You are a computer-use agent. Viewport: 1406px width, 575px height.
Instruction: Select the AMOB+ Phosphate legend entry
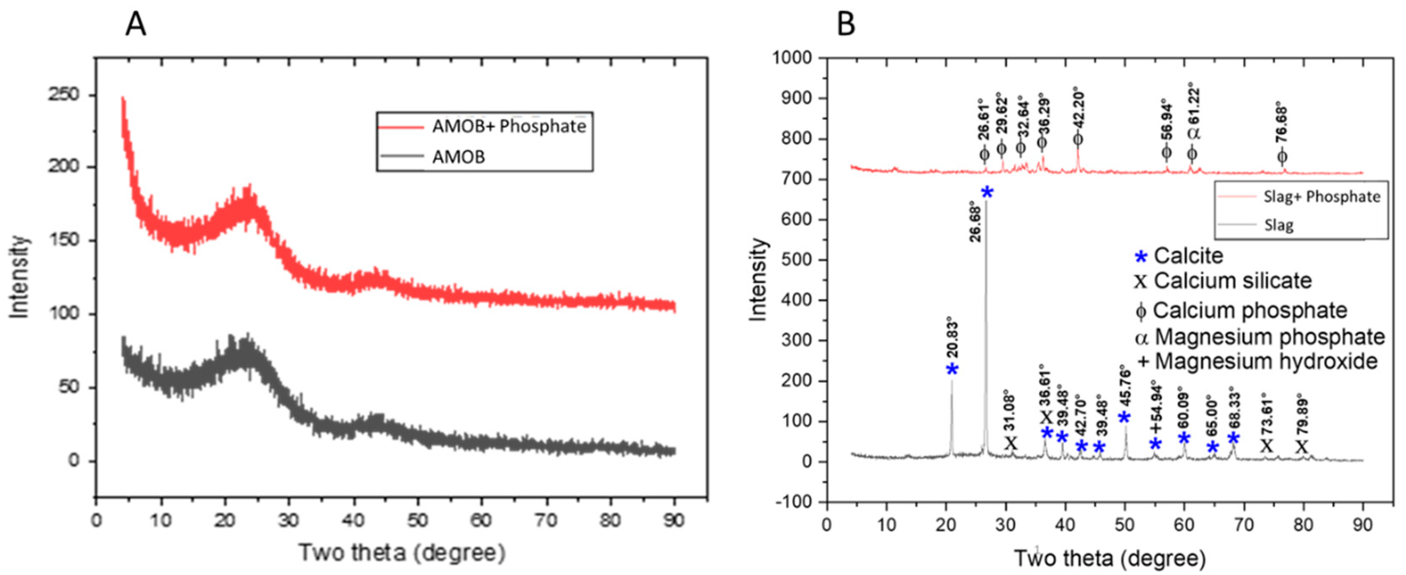(509, 127)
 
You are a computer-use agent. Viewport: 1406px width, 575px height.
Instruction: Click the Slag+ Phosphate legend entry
(1321, 197)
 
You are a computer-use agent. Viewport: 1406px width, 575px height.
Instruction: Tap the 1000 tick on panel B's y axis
(793, 58)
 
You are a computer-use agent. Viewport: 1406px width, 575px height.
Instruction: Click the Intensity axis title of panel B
(758, 280)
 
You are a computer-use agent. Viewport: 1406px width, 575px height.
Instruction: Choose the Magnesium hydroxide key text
(1266, 361)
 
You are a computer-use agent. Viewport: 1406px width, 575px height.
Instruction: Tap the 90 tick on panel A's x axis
(675, 520)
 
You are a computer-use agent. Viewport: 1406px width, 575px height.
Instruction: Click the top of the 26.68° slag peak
(986, 202)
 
